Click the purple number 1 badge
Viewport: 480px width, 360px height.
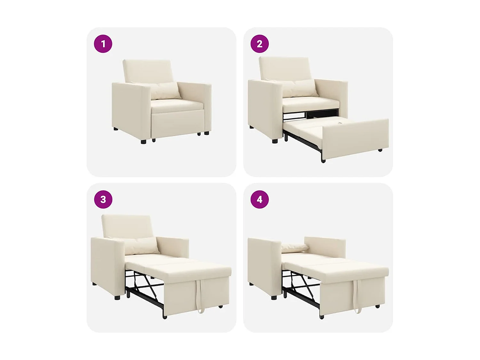103,44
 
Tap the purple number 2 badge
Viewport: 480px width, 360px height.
260,44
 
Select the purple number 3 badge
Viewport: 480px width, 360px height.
103,199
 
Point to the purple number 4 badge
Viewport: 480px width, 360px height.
260,199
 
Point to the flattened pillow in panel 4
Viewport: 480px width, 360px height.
294,247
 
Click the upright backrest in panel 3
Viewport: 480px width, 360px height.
127,226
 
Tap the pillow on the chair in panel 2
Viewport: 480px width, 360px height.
299,88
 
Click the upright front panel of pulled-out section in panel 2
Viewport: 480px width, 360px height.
355,139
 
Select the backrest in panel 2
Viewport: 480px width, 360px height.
283,68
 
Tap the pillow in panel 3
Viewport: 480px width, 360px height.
141,245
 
